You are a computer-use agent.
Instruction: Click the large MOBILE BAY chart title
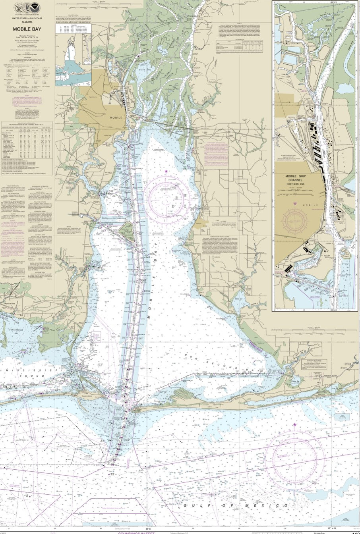pyautogui.click(x=23, y=29)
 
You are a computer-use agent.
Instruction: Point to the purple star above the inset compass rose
pyautogui.click(x=295, y=203)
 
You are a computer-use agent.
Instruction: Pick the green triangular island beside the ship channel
pyautogui.click(x=127, y=230)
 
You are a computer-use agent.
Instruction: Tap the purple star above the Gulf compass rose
pyautogui.click(x=294, y=425)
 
